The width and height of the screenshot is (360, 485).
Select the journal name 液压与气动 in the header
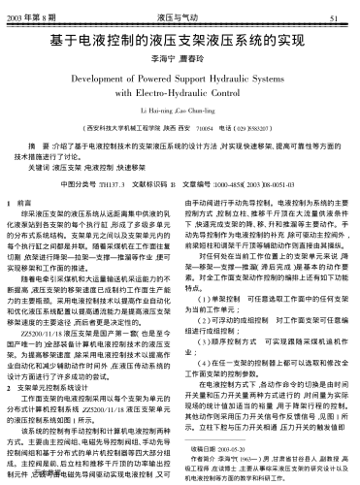pyautogui.click(x=180, y=18)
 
